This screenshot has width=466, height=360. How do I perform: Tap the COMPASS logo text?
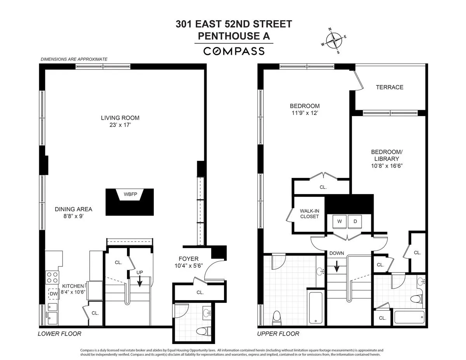pyautogui.click(x=234, y=51)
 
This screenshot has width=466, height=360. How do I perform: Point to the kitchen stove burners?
pyautogui.click(x=52, y=277)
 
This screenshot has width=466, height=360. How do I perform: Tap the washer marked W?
pyautogui.click(x=339, y=221)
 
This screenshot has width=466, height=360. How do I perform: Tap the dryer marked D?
pyautogui.click(x=355, y=221)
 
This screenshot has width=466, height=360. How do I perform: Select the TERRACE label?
pyautogui.click(x=389, y=87)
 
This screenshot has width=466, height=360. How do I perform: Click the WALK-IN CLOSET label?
pyautogui.click(x=309, y=214)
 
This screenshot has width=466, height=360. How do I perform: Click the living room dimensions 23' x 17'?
pyautogui.click(x=120, y=125)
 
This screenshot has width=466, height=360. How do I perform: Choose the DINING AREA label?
pyautogui.click(x=73, y=209)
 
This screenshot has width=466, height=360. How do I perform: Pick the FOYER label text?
pyautogui.click(x=188, y=259)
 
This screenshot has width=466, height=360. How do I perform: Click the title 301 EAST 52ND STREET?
pyautogui.click(x=234, y=24)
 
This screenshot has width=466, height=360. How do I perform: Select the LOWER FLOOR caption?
pyautogui.click(x=59, y=334)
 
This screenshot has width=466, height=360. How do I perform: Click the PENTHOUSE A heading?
pyautogui.click(x=234, y=36)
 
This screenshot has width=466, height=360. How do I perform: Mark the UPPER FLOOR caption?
pyautogui.click(x=278, y=334)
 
